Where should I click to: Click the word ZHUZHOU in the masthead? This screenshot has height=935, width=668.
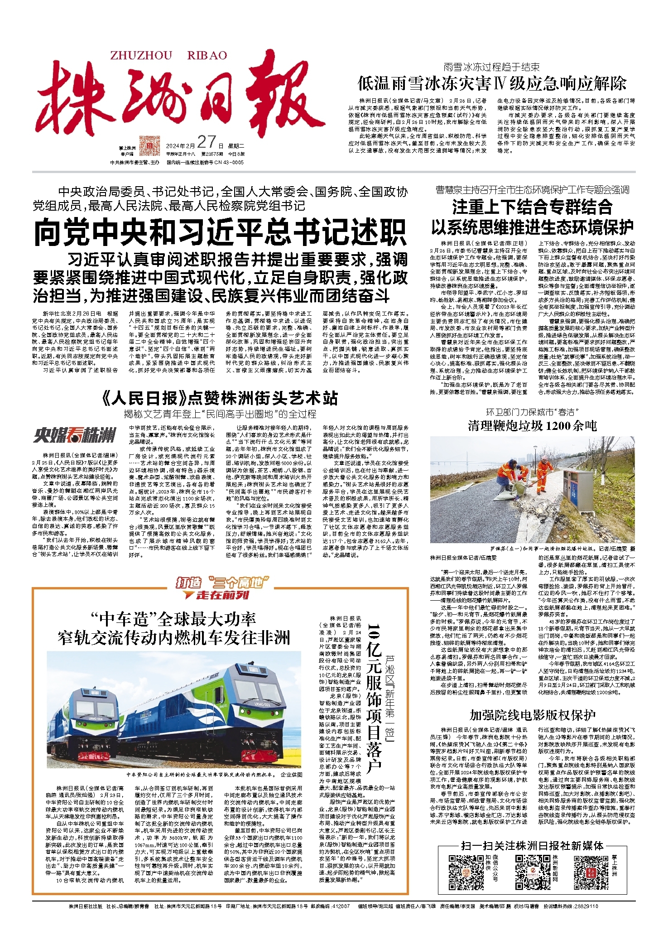pos(141,56)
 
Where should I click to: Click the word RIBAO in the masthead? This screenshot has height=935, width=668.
pos(207,56)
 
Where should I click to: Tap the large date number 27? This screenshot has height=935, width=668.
pos(206,142)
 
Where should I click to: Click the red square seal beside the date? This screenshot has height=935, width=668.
pos(149,145)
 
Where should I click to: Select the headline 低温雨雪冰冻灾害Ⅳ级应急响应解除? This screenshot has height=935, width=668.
pos(492,84)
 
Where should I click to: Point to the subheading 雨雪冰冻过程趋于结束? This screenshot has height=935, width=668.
pos(491,67)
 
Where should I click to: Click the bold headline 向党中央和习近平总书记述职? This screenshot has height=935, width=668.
pos(220,232)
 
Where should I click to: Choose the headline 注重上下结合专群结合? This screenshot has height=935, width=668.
pos(532,207)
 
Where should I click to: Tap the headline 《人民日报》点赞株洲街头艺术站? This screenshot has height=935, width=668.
pos(220,398)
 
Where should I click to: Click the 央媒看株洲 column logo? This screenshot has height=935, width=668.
pos(74,436)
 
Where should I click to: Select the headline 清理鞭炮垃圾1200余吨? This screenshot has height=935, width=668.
pos(532,425)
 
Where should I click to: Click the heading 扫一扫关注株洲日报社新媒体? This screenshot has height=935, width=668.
pos(532,845)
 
